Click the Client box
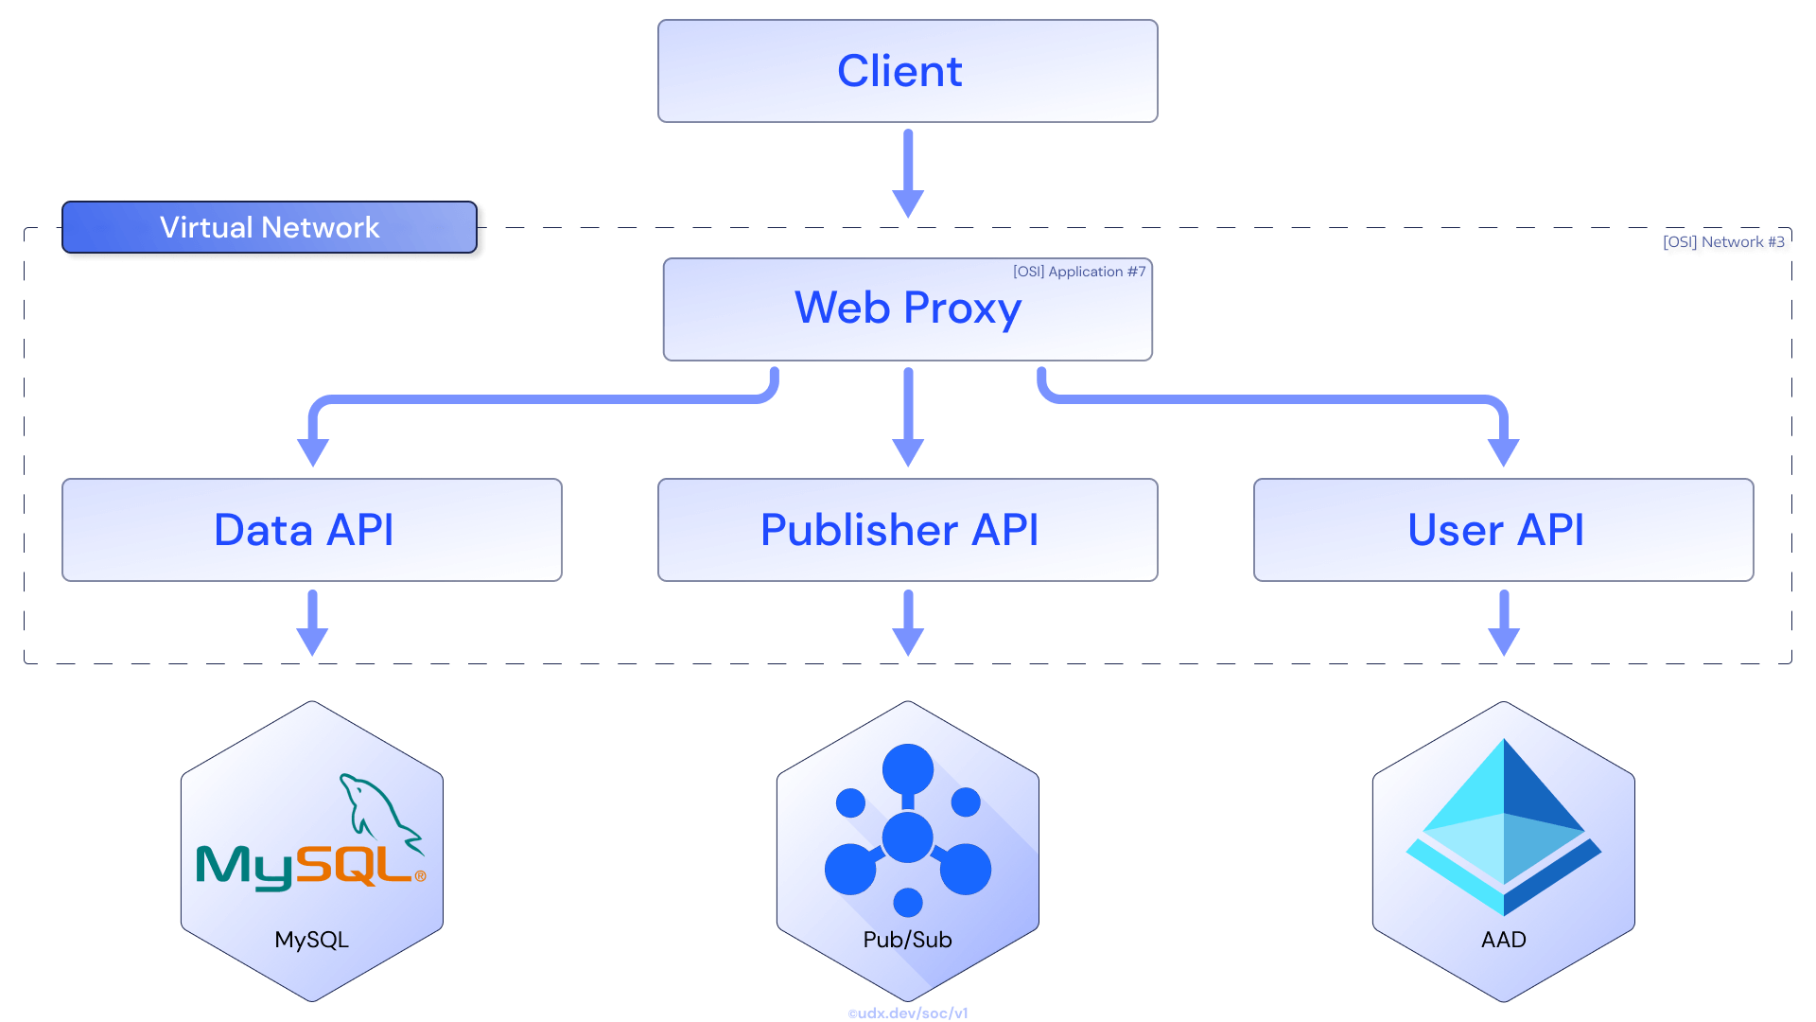click(907, 71)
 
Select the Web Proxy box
click(907, 309)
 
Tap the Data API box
click(311, 530)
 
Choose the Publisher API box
click(907, 530)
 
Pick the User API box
click(1503, 530)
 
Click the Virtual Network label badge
click(270, 227)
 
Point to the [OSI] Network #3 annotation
click(1723, 242)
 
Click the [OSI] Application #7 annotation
click(1079, 272)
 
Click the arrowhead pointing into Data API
click(313, 451)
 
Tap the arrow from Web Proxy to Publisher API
click(908, 416)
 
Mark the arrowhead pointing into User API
click(1503, 451)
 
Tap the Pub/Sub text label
click(907, 940)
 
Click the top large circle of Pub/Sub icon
click(908, 768)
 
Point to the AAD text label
click(1503, 940)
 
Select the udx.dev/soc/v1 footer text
click(908, 1013)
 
